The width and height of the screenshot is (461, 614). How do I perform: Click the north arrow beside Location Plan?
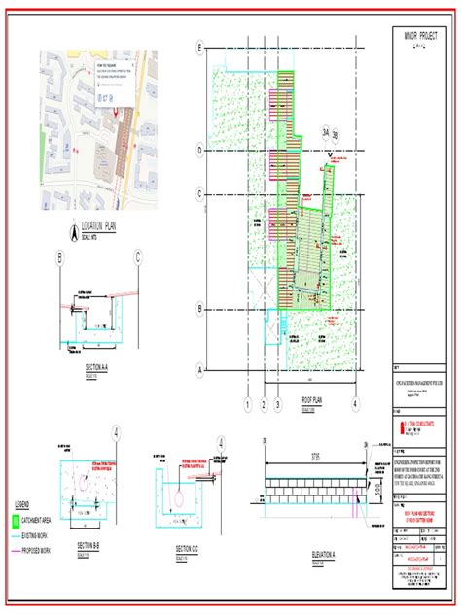pos(73,232)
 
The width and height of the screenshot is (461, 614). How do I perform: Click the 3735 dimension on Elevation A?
pos(314,455)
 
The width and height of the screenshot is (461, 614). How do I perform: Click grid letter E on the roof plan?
pos(200,48)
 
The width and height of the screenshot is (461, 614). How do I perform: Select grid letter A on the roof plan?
pos(200,369)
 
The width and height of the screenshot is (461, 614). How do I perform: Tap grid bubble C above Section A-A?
pos(139,256)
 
